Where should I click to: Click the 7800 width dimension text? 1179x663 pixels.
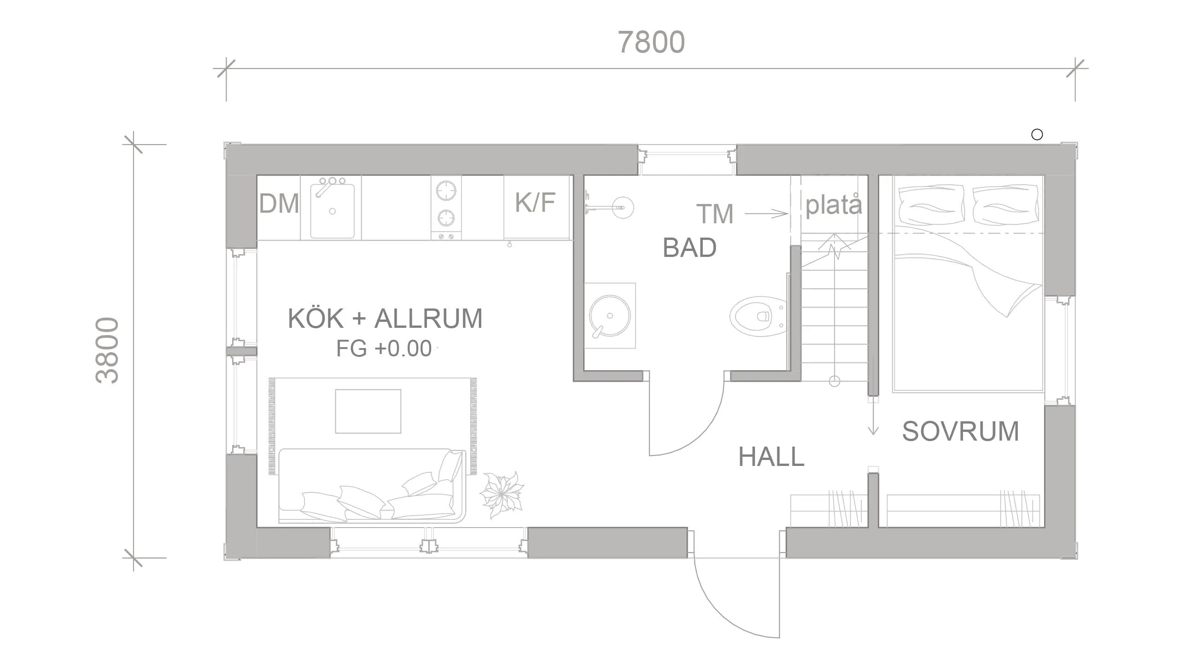pos(651,42)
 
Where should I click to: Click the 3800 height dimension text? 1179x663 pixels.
pos(107,350)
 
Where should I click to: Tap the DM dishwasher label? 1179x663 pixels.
pos(279,204)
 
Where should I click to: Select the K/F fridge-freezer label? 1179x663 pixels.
pos(535,202)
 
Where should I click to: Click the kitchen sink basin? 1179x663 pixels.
pos(332,210)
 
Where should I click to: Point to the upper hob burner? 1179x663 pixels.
pos(446,190)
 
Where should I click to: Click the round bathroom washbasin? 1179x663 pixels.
pos(610,316)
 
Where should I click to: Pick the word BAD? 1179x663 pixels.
pos(689,248)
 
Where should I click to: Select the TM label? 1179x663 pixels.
pos(715,214)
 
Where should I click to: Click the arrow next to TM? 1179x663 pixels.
pos(766,214)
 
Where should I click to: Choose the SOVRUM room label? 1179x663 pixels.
pos(961,431)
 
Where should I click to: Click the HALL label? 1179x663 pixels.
pos(771,457)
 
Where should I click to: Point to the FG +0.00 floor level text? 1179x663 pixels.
pos(384,349)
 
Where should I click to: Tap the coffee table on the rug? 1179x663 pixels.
pos(368,411)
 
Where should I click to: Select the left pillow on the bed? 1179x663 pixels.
pos(931,205)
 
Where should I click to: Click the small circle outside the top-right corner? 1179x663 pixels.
pos(1037,134)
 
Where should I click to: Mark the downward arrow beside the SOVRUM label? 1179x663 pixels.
pos(873,417)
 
